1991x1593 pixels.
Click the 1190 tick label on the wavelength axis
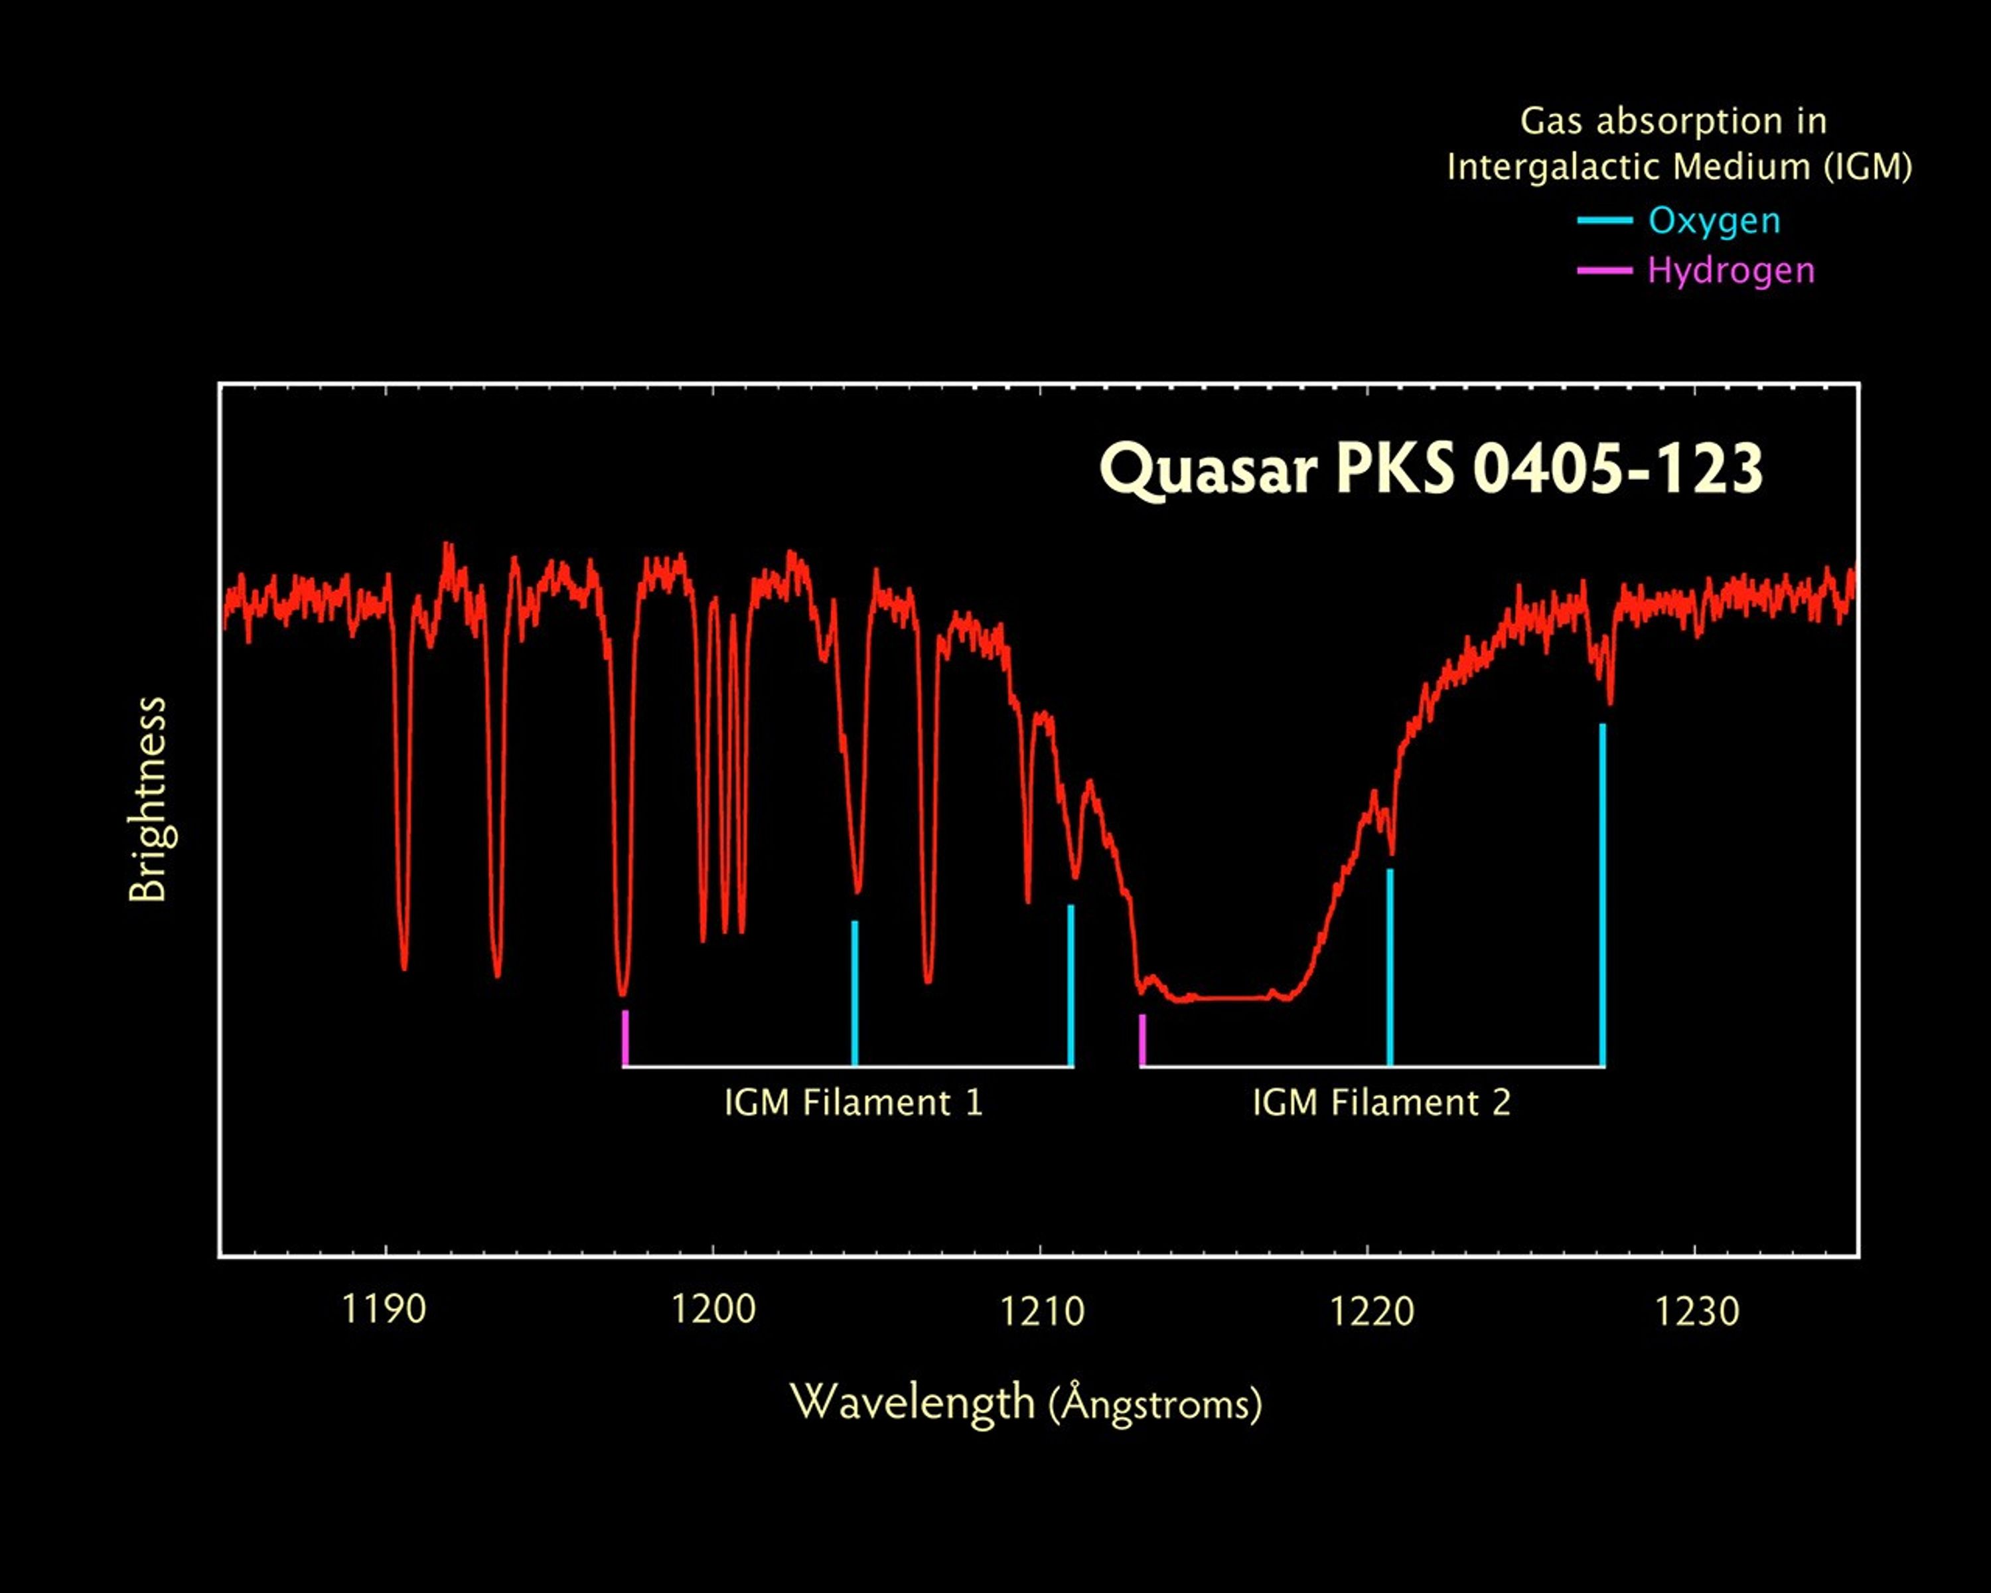[x=384, y=1310]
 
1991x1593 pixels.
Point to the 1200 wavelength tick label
[x=713, y=1310]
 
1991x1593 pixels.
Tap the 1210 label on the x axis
[x=1042, y=1312]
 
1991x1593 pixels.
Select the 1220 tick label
[x=1371, y=1312]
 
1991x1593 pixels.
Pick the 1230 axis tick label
[x=1696, y=1312]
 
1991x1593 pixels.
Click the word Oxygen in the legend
[x=1714, y=221]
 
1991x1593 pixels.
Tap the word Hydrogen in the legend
[x=1731, y=271]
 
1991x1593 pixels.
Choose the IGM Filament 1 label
[x=853, y=1102]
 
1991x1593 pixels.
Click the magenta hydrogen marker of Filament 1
[x=625, y=1037]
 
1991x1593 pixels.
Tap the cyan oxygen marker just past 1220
[x=1390, y=967]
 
